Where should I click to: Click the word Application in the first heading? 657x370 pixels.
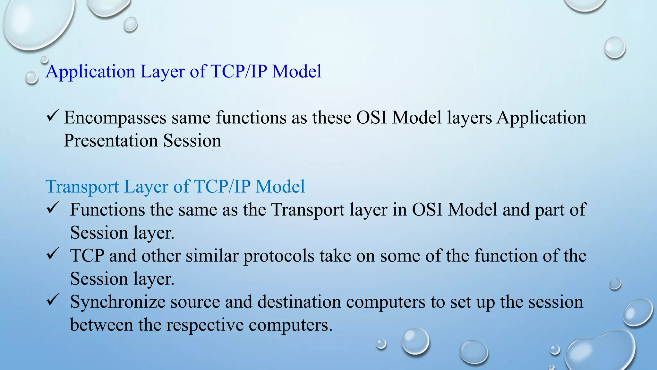90,72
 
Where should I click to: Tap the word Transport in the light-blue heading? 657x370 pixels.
82,187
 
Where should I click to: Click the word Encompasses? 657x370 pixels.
115,118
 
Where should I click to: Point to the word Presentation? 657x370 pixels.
111,141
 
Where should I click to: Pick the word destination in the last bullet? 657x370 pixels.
299,302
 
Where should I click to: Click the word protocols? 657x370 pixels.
279,256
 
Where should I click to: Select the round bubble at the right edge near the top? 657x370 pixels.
614,48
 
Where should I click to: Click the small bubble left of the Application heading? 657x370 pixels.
31,77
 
